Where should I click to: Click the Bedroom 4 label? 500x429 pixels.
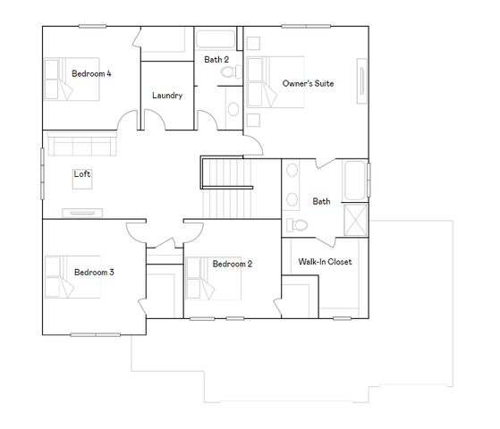click(91, 73)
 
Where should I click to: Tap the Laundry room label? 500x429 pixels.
click(167, 96)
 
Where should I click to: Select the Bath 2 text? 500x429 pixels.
click(216, 60)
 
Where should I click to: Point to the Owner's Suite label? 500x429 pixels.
click(308, 83)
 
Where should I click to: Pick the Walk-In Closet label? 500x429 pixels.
click(324, 262)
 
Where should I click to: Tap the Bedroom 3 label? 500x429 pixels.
click(94, 272)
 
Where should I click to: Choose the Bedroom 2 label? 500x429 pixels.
click(232, 264)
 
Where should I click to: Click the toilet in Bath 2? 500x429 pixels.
click(229, 72)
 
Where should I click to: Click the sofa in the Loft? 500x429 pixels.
click(80, 145)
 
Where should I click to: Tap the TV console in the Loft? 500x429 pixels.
click(82, 212)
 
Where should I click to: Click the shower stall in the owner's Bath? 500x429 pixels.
click(355, 217)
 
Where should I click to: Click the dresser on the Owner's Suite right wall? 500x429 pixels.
click(363, 82)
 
